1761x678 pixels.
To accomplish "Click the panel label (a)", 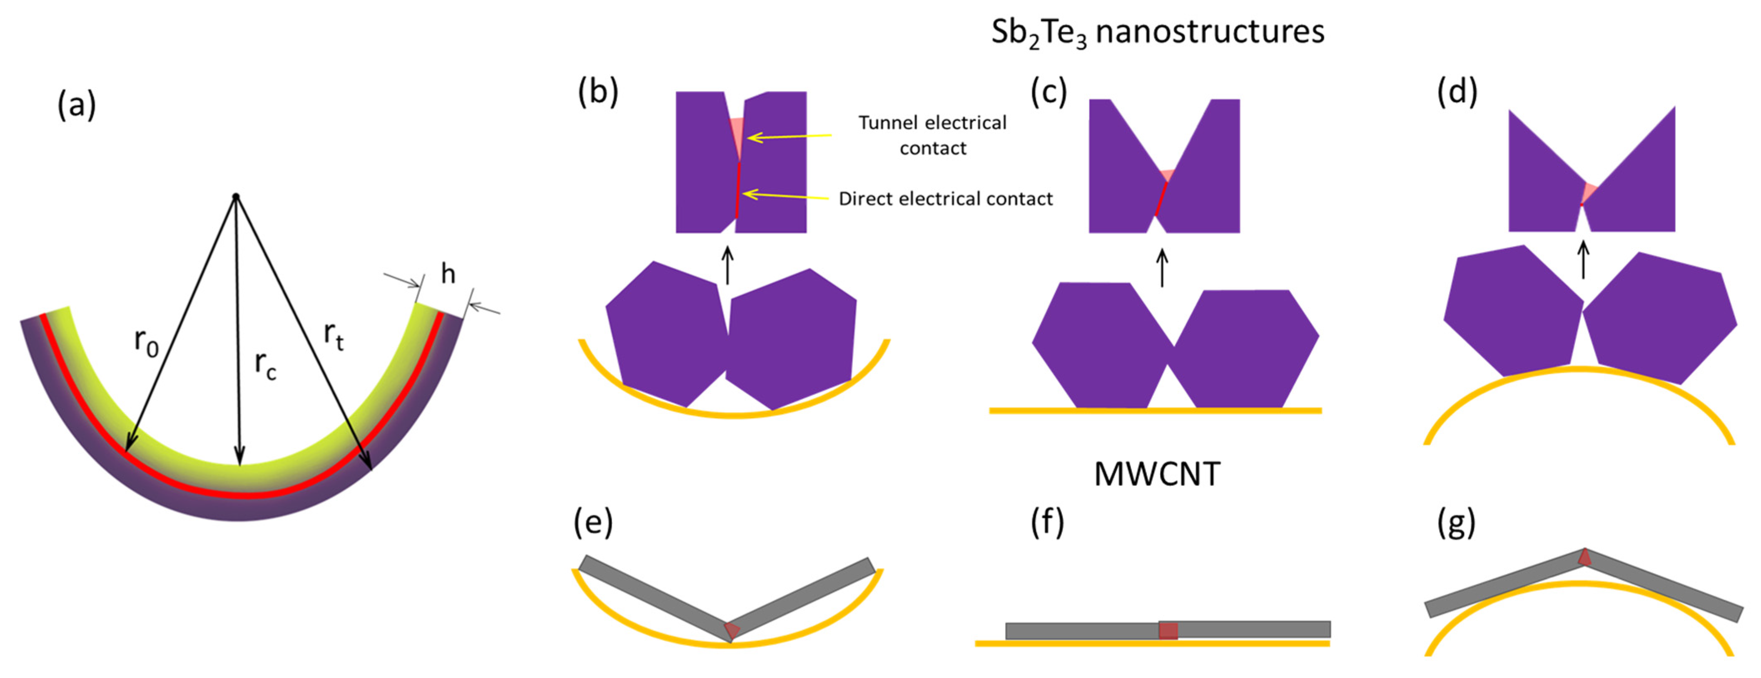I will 77,106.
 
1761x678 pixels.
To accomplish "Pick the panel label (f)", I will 1046,523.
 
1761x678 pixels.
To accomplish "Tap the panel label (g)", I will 1456,523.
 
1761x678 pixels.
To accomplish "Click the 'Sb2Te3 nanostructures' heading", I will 1157,32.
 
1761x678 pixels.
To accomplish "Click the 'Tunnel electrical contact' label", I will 932,135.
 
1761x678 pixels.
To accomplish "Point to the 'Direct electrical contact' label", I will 945,199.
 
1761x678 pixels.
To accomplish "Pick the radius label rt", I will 334,336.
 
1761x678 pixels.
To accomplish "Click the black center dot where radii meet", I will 236,197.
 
